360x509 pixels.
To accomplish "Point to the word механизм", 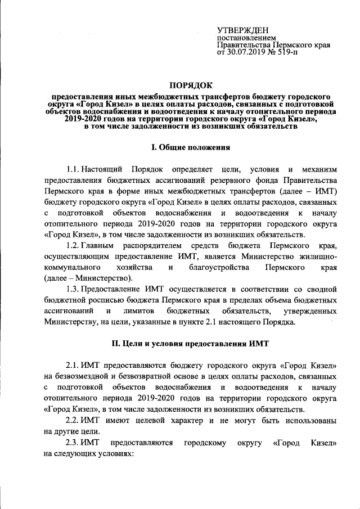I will (313, 169).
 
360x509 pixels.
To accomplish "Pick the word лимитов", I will (134, 311).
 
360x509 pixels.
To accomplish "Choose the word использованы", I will (305, 420).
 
